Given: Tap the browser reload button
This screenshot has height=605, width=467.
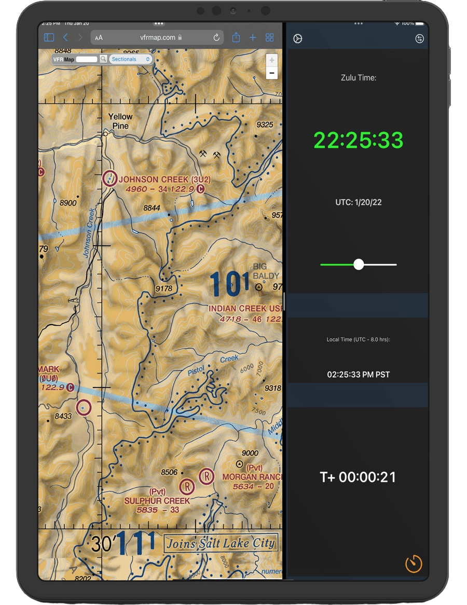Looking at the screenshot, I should (x=216, y=37).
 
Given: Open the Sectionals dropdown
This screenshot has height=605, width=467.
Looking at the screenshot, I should (x=131, y=59).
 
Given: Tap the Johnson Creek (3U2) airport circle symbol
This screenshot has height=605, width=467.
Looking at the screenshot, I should (x=110, y=178).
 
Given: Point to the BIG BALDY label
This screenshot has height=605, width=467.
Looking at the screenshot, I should (x=266, y=271).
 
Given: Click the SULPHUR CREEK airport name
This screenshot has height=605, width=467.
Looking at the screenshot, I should (x=157, y=501).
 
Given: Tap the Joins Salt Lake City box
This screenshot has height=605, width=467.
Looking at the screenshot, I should (x=221, y=544).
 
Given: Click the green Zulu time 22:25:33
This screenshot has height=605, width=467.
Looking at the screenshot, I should (x=358, y=140).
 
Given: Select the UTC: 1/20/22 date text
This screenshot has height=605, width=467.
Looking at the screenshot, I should (x=358, y=202).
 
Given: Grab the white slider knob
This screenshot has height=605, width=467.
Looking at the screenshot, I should (x=359, y=265).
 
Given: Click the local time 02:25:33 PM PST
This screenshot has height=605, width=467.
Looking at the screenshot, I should (x=358, y=374).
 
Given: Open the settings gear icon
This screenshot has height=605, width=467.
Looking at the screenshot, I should (x=298, y=39).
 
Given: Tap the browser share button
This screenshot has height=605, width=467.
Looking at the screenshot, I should (x=236, y=37).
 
